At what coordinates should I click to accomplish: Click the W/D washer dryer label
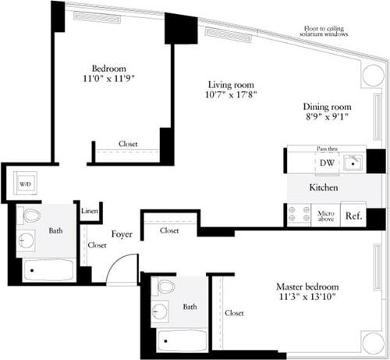pyautogui.click(x=23, y=185)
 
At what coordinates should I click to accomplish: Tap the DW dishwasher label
pyautogui.click(x=327, y=162)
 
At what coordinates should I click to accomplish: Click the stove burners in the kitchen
pyautogui.click(x=299, y=215)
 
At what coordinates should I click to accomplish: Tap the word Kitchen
pyautogui.click(x=323, y=188)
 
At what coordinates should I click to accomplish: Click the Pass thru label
pyautogui.click(x=327, y=148)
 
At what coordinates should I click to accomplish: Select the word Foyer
pyautogui.click(x=121, y=233)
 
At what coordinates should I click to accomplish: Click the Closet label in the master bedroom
pyautogui.click(x=234, y=313)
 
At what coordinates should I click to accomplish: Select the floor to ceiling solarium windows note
pyautogui.click(x=326, y=32)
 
